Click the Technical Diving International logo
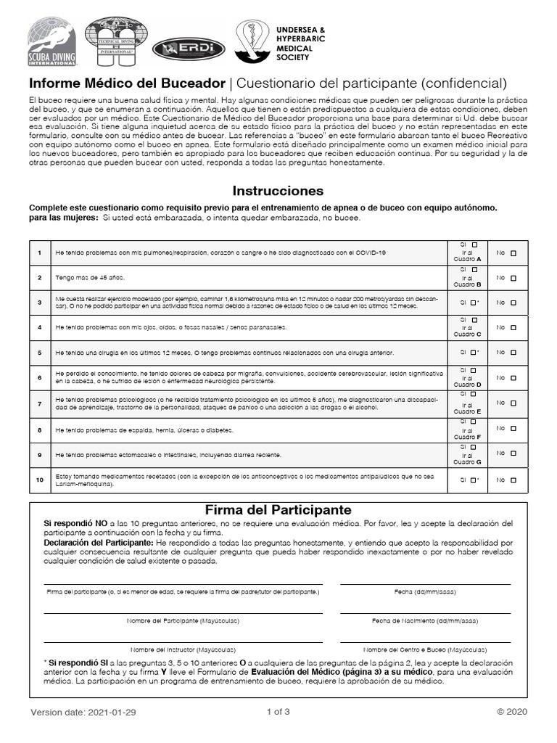click(x=115, y=42)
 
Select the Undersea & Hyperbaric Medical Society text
click(x=300, y=43)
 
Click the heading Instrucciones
click(x=278, y=192)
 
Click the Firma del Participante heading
click(x=278, y=510)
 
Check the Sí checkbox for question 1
click(x=474, y=245)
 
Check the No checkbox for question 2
click(x=513, y=277)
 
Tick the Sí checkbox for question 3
click(x=473, y=303)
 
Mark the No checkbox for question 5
click(x=513, y=353)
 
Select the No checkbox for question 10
click(x=513, y=480)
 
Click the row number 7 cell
click(x=39, y=403)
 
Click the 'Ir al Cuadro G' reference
click(x=468, y=459)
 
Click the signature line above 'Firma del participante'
click(x=183, y=583)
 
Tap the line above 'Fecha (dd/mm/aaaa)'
click(x=425, y=583)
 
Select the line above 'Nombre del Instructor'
click(x=183, y=641)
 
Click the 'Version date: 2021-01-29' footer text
click(x=83, y=713)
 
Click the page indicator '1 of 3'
click(x=278, y=712)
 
